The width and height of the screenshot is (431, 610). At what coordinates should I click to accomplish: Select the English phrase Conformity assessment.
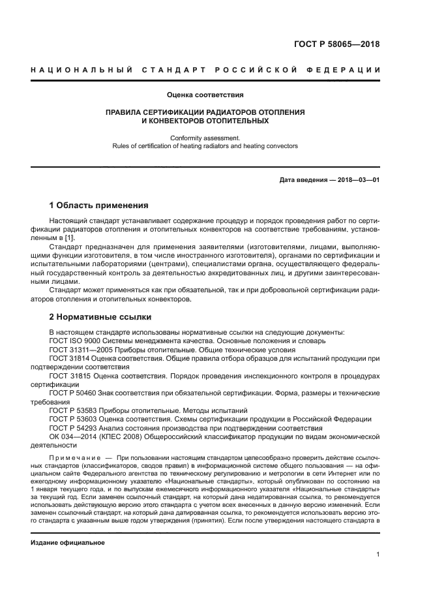pyautogui.click(x=205, y=138)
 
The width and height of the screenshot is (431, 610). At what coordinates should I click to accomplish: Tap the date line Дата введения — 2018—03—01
pyautogui.click(x=329, y=179)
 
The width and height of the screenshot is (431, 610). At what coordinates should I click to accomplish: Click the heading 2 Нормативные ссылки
pyautogui.click(x=100, y=317)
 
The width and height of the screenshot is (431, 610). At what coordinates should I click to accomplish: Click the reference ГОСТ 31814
pyautogui.click(x=68, y=358)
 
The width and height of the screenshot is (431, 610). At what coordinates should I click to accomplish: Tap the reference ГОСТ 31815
pyautogui.click(x=68, y=376)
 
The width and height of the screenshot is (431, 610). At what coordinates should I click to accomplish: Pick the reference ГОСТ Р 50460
pyautogui.click(x=71, y=393)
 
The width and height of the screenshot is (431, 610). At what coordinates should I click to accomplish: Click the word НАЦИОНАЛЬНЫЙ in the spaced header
pyautogui.click(x=80, y=70)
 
